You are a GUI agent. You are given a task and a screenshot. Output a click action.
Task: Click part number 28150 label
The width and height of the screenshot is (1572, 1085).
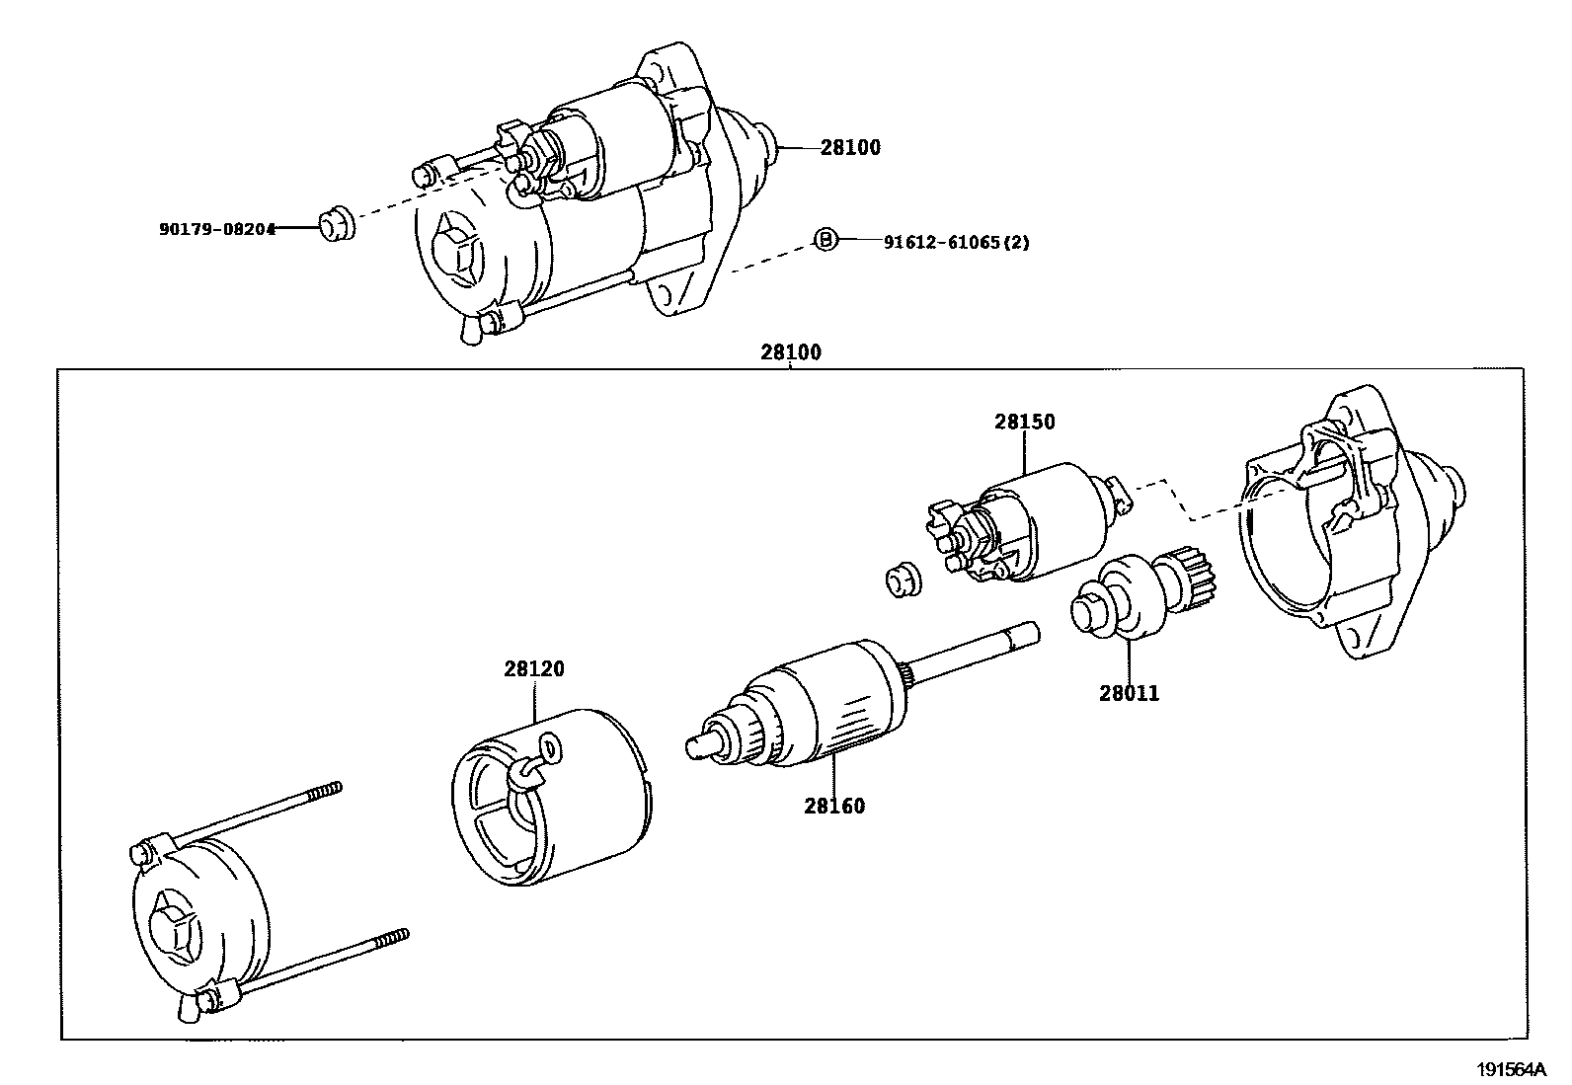(x=1024, y=422)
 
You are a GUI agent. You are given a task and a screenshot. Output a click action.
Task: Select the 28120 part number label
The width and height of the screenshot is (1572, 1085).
(x=534, y=668)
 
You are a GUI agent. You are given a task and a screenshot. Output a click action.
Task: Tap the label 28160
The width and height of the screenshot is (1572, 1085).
(x=834, y=806)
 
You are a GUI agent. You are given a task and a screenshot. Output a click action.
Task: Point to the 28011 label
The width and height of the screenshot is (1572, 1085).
(x=1130, y=693)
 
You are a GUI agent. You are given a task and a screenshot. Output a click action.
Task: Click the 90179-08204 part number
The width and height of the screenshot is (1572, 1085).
(x=217, y=228)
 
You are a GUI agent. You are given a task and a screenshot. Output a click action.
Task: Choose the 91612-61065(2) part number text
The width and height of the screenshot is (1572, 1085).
(x=942, y=241)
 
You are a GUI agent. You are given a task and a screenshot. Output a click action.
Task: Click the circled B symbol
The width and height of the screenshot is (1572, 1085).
(x=825, y=239)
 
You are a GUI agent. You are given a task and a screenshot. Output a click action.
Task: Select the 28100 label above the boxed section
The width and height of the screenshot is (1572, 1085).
(x=790, y=351)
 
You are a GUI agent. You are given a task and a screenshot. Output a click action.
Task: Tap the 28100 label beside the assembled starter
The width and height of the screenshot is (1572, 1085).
(x=850, y=147)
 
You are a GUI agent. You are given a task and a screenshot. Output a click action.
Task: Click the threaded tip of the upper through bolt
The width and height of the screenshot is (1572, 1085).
(x=328, y=790)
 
